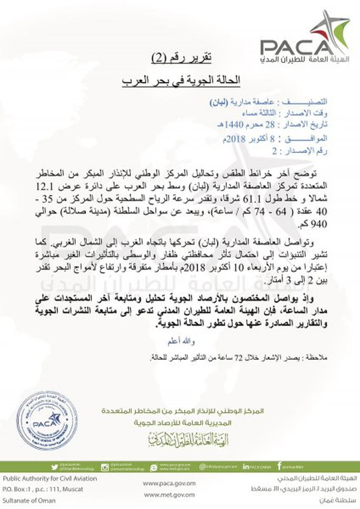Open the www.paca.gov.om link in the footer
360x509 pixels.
(x=169, y=483)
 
